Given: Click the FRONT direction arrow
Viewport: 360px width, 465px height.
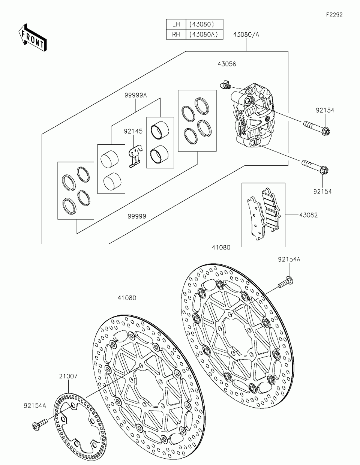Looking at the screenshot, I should tap(32, 37).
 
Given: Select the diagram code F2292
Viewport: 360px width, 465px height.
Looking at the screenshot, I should tap(334, 15).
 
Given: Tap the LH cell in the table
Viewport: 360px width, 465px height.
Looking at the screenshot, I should tap(176, 24).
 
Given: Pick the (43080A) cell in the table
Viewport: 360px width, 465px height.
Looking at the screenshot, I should tap(204, 34).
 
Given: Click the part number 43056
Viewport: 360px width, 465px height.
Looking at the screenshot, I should tap(226, 64).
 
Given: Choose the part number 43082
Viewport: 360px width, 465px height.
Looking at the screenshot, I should tap(308, 215).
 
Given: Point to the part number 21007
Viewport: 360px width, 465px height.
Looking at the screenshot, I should tap(68, 376).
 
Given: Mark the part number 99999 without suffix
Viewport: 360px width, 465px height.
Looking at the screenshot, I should tap(136, 216).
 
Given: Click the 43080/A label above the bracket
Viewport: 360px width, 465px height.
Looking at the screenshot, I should tap(246, 34).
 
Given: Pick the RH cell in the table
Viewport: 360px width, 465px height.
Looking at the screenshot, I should tap(176, 34).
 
